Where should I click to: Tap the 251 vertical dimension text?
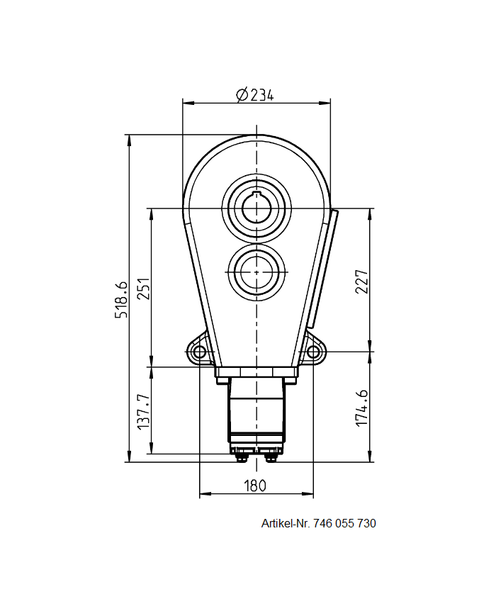143,288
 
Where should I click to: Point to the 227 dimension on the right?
362,281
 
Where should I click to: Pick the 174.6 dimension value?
362,407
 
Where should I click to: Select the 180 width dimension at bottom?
255,486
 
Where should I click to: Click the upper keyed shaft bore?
256,208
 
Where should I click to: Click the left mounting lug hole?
199,352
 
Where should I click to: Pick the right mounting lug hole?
312,352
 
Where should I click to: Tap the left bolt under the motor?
242,457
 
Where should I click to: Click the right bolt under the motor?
270,457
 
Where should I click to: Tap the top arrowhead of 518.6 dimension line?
129,140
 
